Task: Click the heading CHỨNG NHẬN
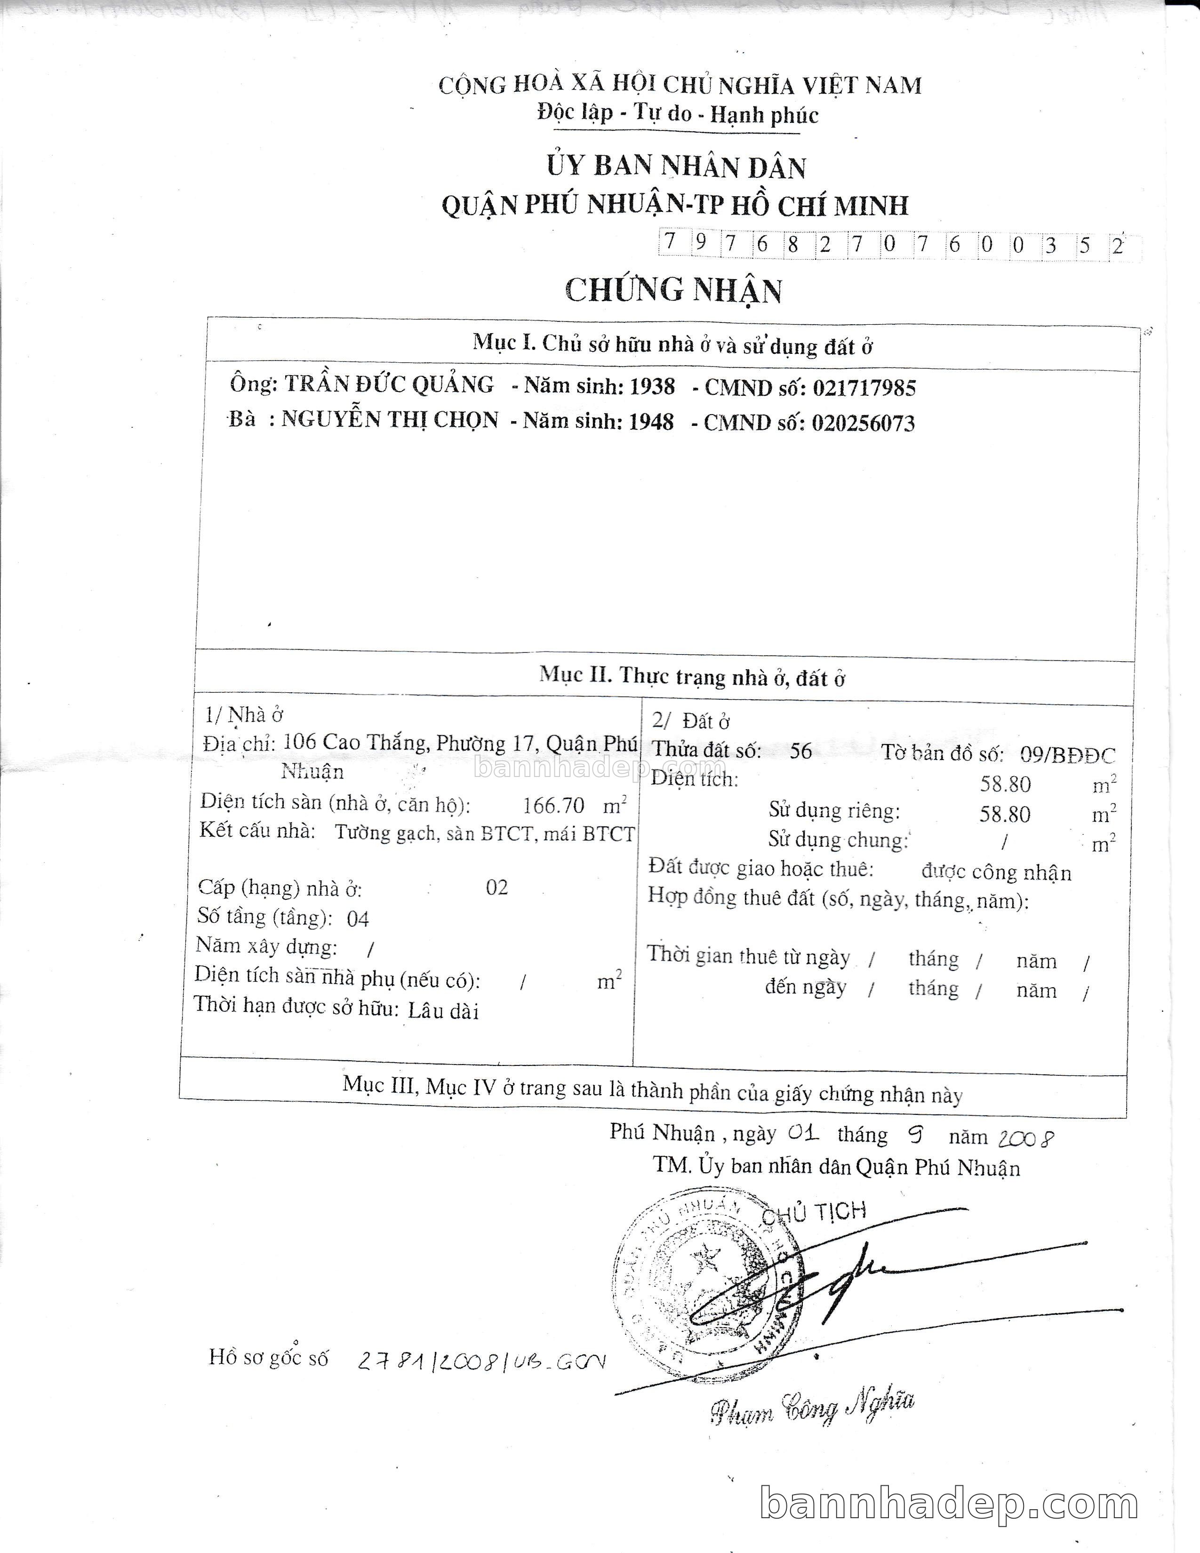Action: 673,290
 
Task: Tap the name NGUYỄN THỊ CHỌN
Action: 390,419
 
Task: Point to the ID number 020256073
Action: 863,424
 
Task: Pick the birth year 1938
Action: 652,386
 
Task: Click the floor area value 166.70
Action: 553,806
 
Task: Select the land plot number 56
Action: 800,751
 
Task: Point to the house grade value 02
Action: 497,888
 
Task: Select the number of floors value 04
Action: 358,919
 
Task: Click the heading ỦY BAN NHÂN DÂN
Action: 675,167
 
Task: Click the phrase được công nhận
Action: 996,873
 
